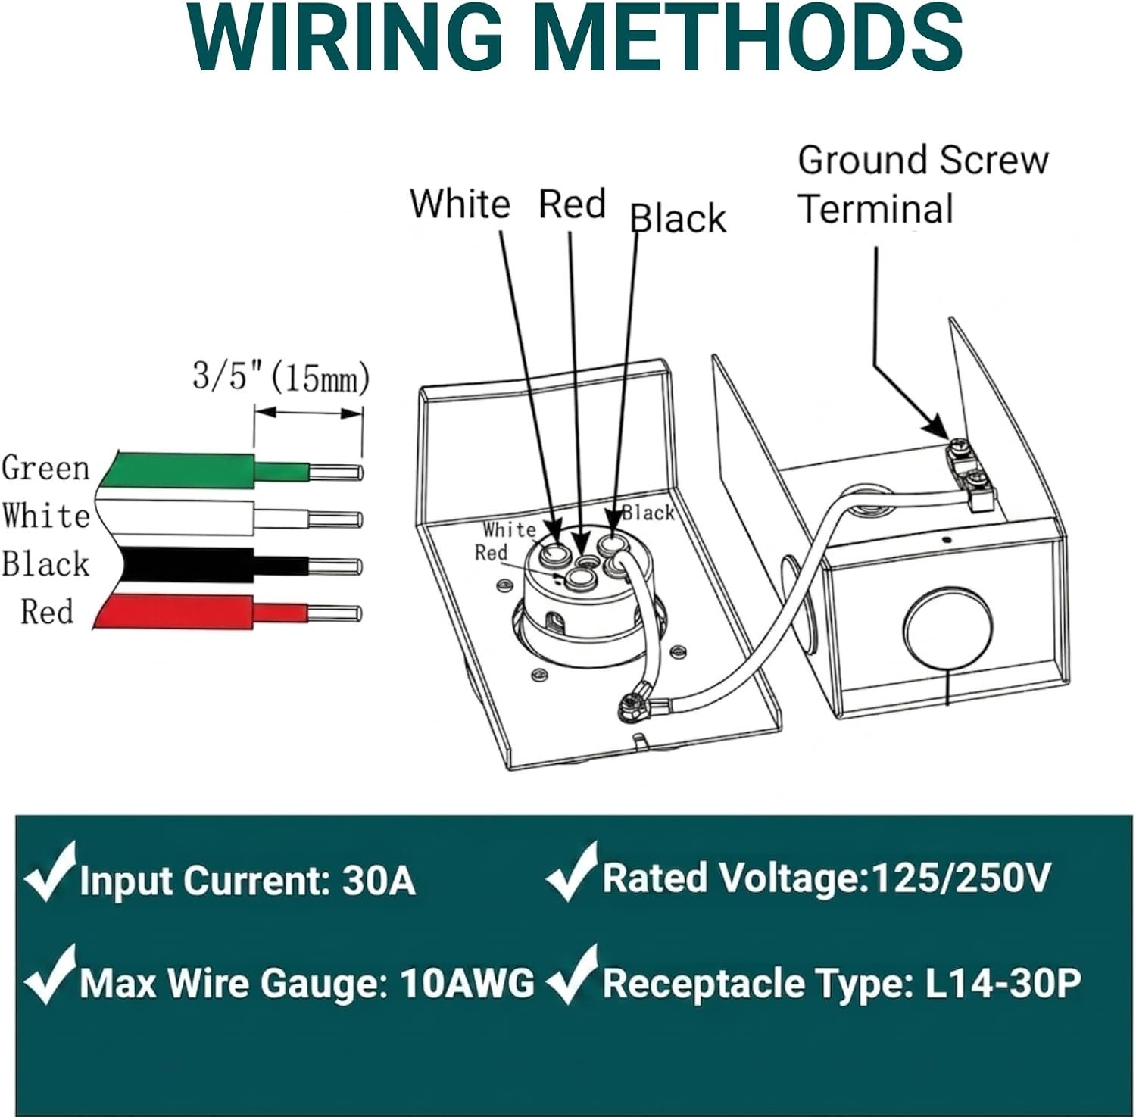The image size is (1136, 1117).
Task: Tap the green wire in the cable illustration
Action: coord(227,470)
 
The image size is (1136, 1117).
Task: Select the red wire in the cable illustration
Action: coord(227,611)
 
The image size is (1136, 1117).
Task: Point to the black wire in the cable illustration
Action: coord(227,564)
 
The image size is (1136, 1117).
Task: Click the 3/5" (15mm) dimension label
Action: coord(281,376)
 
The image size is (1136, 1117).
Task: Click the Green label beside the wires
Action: coord(45,468)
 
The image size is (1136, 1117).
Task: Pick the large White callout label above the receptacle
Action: coord(460,204)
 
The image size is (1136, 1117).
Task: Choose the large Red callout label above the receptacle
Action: coord(572,204)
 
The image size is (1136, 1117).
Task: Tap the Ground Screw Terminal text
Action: coord(922,185)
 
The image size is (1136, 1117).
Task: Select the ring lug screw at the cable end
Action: coord(631,707)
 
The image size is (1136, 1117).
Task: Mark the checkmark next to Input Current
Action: coord(50,872)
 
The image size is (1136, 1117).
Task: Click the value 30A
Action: coord(379,881)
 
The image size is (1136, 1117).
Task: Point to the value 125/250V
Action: coord(961,878)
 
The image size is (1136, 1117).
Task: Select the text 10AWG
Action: coord(467,983)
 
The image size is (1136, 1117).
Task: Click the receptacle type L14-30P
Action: coord(1003,983)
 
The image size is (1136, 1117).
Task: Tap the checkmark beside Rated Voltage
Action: coord(573,872)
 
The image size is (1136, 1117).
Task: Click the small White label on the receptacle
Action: coord(509,529)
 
